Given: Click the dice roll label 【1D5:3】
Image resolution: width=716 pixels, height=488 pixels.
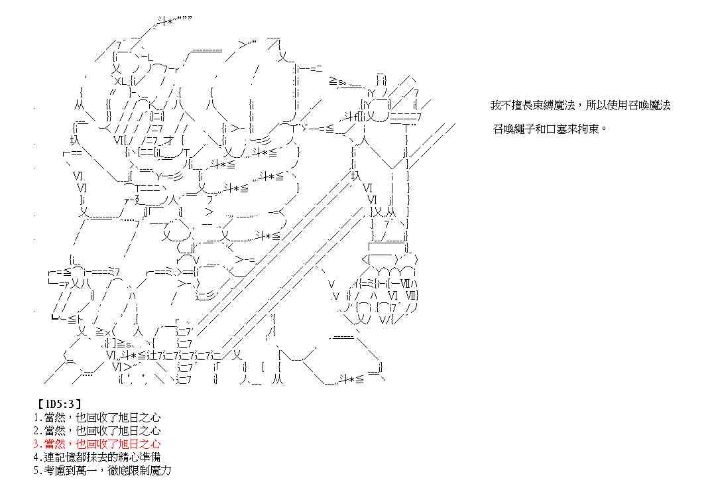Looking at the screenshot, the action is [57, 402].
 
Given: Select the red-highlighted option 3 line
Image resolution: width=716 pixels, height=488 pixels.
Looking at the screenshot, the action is [96, 444].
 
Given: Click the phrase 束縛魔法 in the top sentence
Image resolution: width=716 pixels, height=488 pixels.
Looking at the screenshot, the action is [553, 105].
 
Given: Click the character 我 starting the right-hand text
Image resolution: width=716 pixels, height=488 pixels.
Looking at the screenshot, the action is [495, 105].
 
